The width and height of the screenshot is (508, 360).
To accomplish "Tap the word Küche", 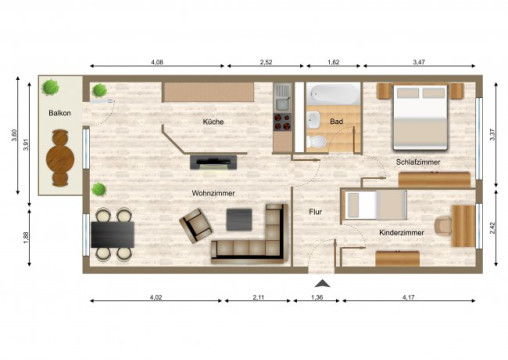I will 213,122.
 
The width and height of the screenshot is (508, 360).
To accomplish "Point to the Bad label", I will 336,123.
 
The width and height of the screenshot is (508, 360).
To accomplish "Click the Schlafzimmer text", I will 417,161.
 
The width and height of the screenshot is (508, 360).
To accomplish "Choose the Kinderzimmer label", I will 401,232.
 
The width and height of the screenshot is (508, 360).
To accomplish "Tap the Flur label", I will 314,211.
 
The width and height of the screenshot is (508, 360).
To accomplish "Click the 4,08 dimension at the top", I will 157,63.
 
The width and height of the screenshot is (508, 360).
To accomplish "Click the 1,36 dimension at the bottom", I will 318,298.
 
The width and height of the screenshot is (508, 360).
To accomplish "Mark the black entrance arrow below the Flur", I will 320,283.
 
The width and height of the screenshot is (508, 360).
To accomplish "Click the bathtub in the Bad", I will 333,96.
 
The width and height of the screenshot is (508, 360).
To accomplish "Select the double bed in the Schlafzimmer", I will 420,112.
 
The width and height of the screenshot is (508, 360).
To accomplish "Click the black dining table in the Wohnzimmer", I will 112,233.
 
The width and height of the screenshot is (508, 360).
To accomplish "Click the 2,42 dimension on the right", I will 493,227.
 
